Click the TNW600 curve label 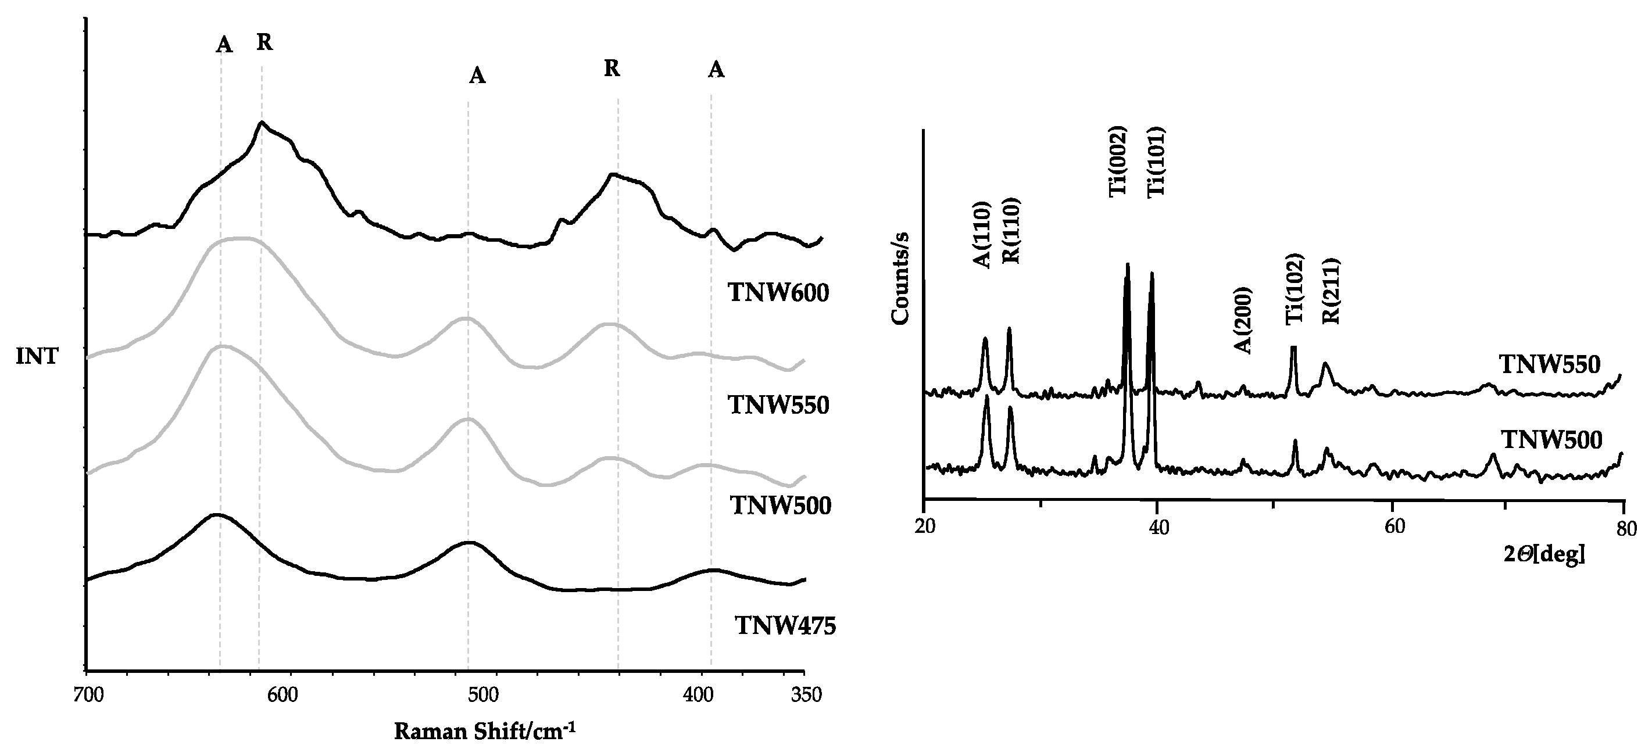(x=778, y=293)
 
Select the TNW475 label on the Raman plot (x=785, y=625)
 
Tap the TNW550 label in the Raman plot (x=778, y=405)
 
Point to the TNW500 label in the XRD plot (x=1551, y=440)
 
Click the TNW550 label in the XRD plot (x=1549, y=365)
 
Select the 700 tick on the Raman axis (x=87, y=696)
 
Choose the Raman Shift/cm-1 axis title (x=484, y=731)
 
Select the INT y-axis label (x=37, y=357)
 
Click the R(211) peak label (x=1331, y=291)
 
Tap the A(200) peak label (x=1243, y=320)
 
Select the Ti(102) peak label (x=1295, y=289)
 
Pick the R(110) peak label (x=1011, y=231)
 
